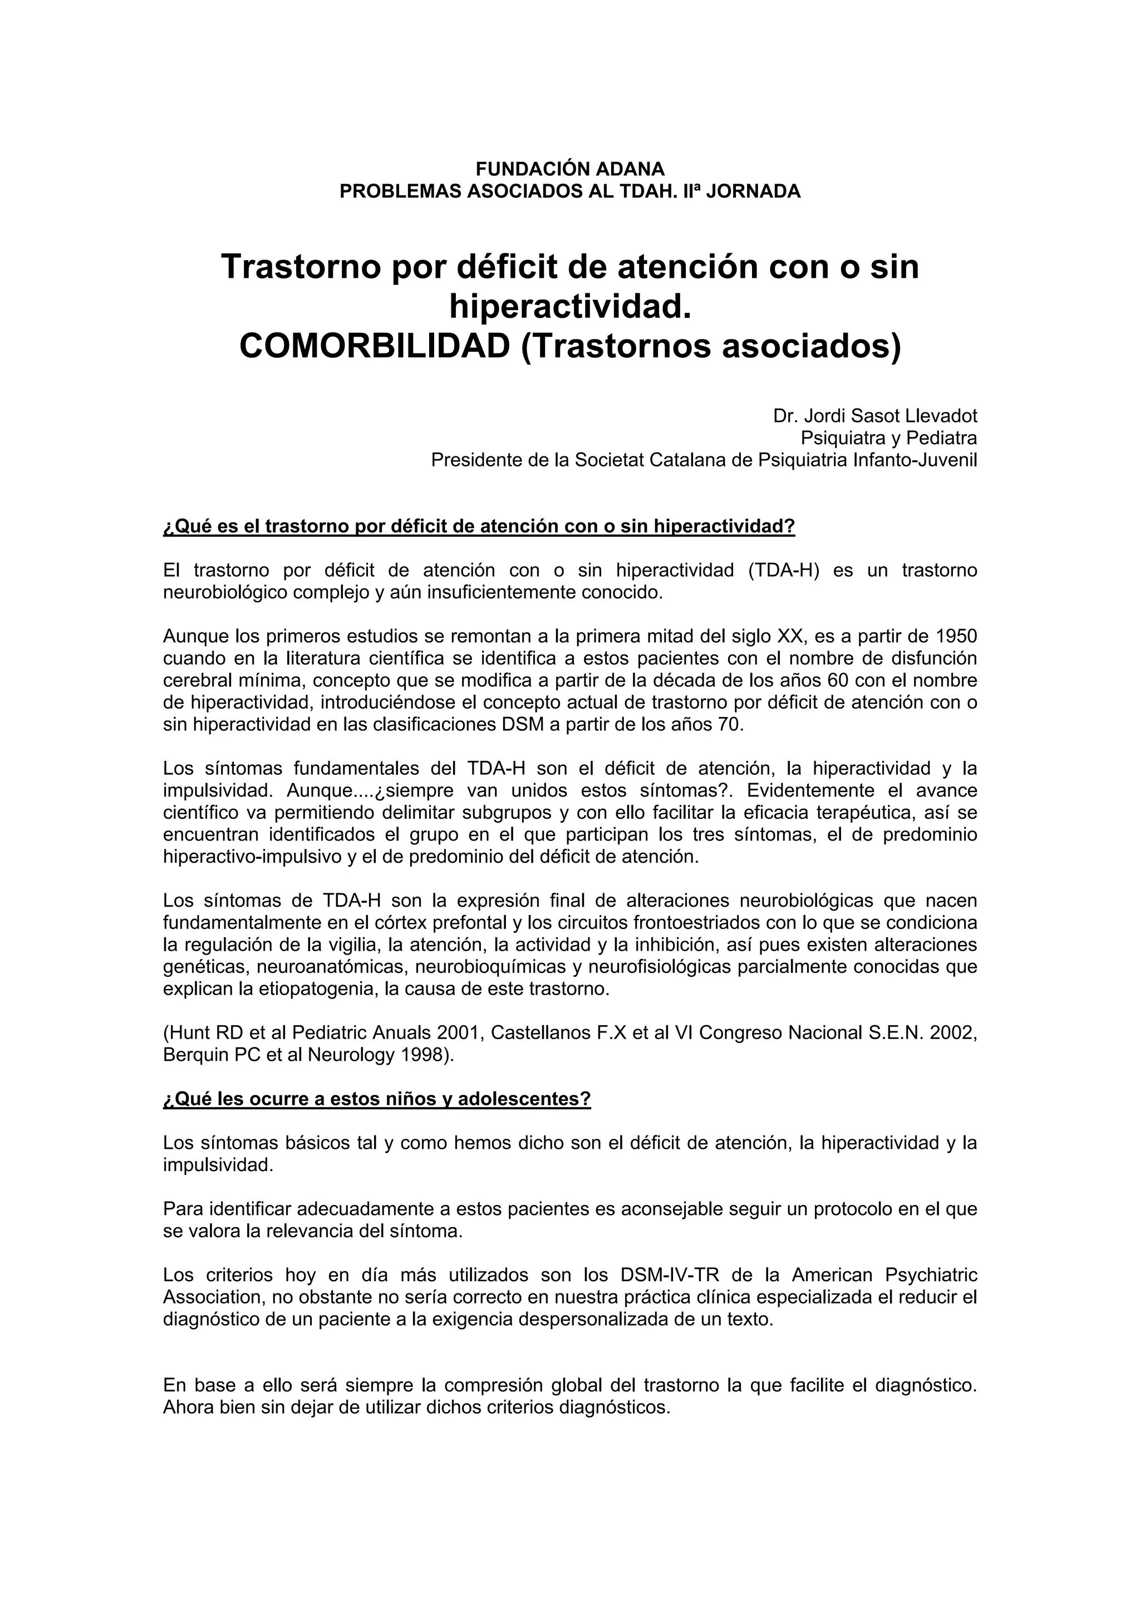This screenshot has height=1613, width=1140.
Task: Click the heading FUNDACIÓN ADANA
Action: pos(569,169)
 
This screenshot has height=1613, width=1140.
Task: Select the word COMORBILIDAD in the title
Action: pos(375,346)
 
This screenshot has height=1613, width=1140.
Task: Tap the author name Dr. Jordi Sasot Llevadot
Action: pos(874,416)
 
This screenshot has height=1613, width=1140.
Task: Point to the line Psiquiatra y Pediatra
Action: pos(888,439)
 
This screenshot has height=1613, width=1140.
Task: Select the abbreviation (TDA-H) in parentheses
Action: pos(784,571)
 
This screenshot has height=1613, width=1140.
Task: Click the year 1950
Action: pos(957,637)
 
